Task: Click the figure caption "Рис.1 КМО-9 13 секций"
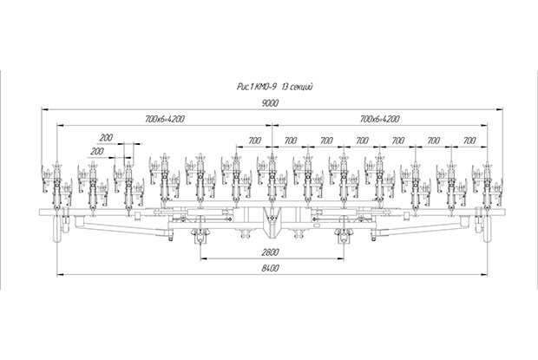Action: (275, 87)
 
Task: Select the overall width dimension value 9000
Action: (271, 103)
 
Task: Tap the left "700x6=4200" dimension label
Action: (165, 119)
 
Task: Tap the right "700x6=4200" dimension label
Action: (380, 119)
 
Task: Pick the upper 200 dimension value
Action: (106, 138)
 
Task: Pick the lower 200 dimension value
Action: (96, 151)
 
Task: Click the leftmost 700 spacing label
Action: (254, 141)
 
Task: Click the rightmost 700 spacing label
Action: (469, 141)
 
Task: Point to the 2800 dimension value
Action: (271, 252)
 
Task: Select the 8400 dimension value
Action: (271, 268)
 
